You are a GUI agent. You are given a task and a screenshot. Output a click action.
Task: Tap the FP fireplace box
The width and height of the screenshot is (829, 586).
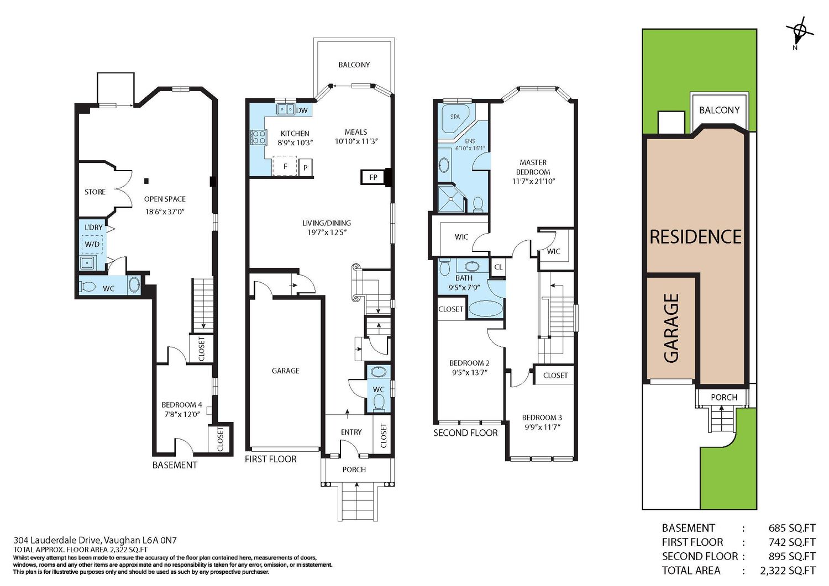point(373,177)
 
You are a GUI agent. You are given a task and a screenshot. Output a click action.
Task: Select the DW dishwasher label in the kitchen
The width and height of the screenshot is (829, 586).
point(302,110)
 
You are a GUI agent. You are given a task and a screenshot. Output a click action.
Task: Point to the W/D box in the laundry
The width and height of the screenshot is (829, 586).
point(92,244)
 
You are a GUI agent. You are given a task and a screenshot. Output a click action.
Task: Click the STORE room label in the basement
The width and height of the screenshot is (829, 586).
point(95,192)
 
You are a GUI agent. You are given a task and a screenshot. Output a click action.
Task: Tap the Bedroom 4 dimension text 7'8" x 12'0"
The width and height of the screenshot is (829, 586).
point(182,414)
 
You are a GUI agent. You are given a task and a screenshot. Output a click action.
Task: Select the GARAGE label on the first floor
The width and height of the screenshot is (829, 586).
point(285,371)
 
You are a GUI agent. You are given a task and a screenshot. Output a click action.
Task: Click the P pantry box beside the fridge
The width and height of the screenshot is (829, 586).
point(305,167)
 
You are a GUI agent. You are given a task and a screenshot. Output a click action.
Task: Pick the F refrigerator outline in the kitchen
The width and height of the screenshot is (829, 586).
point(285,166)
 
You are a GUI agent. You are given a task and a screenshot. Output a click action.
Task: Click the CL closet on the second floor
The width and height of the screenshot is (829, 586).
point(498,267)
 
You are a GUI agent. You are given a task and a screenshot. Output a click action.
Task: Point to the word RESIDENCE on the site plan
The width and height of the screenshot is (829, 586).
point(695,237)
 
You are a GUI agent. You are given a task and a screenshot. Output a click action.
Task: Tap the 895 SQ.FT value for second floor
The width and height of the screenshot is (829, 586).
point(791,556)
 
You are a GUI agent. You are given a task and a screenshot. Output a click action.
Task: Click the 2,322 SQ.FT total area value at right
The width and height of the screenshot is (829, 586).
point(788,571)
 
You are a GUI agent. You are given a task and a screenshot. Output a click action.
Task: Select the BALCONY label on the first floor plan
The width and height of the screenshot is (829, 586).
point(354,65)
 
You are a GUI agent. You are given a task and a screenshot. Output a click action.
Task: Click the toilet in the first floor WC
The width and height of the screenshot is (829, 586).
point(378,403)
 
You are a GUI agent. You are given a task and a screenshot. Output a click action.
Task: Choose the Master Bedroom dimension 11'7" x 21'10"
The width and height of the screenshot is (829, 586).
point(534,181)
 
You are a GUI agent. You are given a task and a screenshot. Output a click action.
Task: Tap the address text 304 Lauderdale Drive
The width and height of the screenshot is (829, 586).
point(58,540)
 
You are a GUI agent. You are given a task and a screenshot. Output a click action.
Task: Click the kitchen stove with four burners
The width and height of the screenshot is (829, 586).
point(258,137)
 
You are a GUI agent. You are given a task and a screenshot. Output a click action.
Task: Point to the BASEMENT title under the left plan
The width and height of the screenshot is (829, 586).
point(175,465)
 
